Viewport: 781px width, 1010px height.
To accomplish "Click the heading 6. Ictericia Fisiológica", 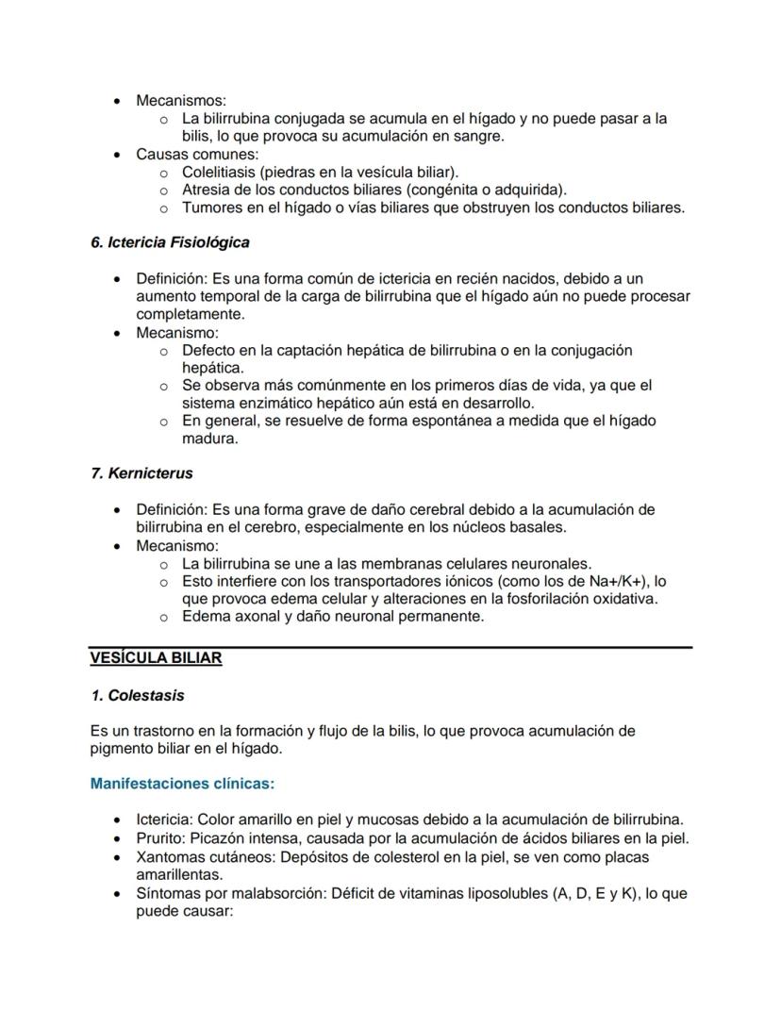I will (x=170, y=242).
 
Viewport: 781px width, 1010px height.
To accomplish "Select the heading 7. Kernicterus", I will (x=141, y=473).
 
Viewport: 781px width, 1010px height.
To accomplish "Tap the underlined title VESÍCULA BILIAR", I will (x=156, y=658).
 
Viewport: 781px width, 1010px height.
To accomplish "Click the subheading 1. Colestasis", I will (x=138, y=696).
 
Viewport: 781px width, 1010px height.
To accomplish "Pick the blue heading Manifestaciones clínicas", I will (x=182, y=784).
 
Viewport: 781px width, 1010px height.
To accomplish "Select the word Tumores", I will (x=211, y=207).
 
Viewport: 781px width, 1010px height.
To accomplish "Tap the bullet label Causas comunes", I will (x=196, y=154).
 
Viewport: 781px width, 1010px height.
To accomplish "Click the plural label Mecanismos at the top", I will (x=180, y=100).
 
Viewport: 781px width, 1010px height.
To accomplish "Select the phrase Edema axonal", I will (x=227, y=617).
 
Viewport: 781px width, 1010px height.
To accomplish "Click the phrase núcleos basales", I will (x=510, y=527).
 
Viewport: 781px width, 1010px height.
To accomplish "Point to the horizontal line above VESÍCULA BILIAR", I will (x=390, y=647).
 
